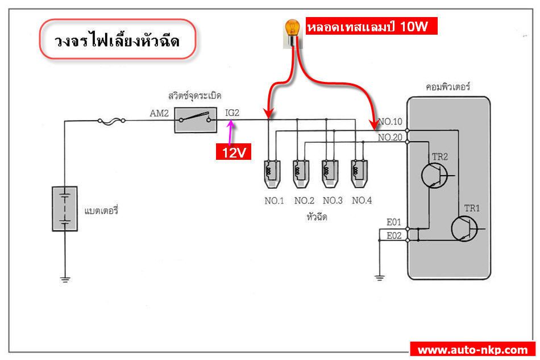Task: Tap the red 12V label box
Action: pyautogui.click(x=234, y=153)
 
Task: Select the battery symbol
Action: pyautogui.click(x=64, y=209)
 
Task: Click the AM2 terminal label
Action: pyautogui.click(x=159, y=113)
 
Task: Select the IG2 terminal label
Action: pyautogui.click(x=232, y=113)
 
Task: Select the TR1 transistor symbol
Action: pyautogui.click(x=465, y=228)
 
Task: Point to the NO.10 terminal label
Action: pyautogui.click(x=390, y=121)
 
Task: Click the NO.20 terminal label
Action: pyautogui.click(x=390, y=137)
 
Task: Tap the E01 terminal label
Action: pyautogui.click(x=394, y=222)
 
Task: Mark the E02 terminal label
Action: pyautogui.click(x=394, y=235)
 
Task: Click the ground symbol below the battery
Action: pyautogui.click(x=65, y=279)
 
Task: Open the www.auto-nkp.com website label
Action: pyautogui.click(x=473, y=349)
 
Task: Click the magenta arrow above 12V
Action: pyautogui.click(x=231, y=133)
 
